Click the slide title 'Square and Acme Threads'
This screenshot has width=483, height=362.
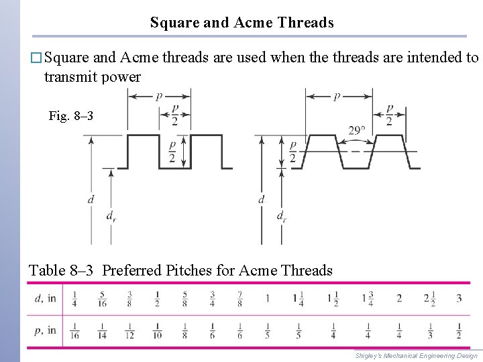(241, 23)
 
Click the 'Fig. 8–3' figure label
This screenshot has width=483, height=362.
(71, 117)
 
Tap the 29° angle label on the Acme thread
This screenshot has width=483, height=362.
(358, 131)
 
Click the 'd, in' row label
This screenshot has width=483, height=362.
(45, 298)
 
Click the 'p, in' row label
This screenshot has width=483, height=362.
(45, 330)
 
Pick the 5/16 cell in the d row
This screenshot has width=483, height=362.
(101, 298)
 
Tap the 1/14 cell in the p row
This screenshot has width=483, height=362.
(101, 330)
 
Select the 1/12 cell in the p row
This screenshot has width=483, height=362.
(129, 330)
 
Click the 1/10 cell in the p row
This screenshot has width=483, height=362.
(156, 330)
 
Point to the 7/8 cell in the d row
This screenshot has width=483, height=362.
(239, 298)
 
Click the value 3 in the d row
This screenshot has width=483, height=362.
(459, 298)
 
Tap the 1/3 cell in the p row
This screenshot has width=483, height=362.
(431, 330)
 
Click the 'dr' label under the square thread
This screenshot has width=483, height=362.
(111, 216)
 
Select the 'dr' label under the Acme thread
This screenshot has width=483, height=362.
(281, 216)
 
